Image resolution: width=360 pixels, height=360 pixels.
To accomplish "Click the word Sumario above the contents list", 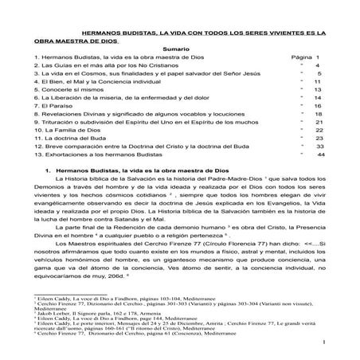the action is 180,49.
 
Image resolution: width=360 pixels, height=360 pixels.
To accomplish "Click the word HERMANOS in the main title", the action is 112,33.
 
